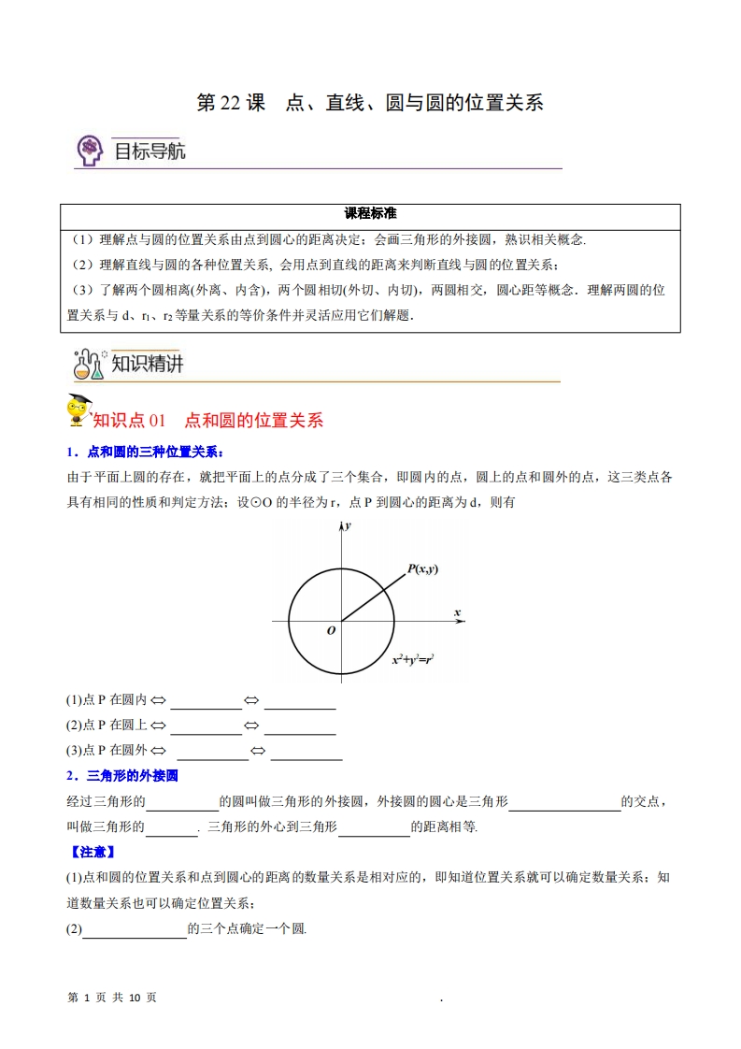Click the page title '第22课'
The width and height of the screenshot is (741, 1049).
231,103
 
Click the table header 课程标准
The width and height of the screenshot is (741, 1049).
370,213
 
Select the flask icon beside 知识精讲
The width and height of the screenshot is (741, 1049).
89,363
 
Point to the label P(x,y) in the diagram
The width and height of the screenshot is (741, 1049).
422,568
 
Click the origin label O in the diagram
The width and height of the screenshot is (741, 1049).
331,631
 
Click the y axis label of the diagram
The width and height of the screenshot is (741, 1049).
348,527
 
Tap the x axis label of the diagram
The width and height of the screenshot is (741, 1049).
458,612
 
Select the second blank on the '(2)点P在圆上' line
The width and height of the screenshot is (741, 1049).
299,726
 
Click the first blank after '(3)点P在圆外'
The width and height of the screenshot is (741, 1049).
212,751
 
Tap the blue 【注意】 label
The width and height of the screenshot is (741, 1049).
92,852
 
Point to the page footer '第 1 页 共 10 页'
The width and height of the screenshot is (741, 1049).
113,998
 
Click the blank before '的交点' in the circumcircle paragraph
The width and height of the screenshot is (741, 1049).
564,801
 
